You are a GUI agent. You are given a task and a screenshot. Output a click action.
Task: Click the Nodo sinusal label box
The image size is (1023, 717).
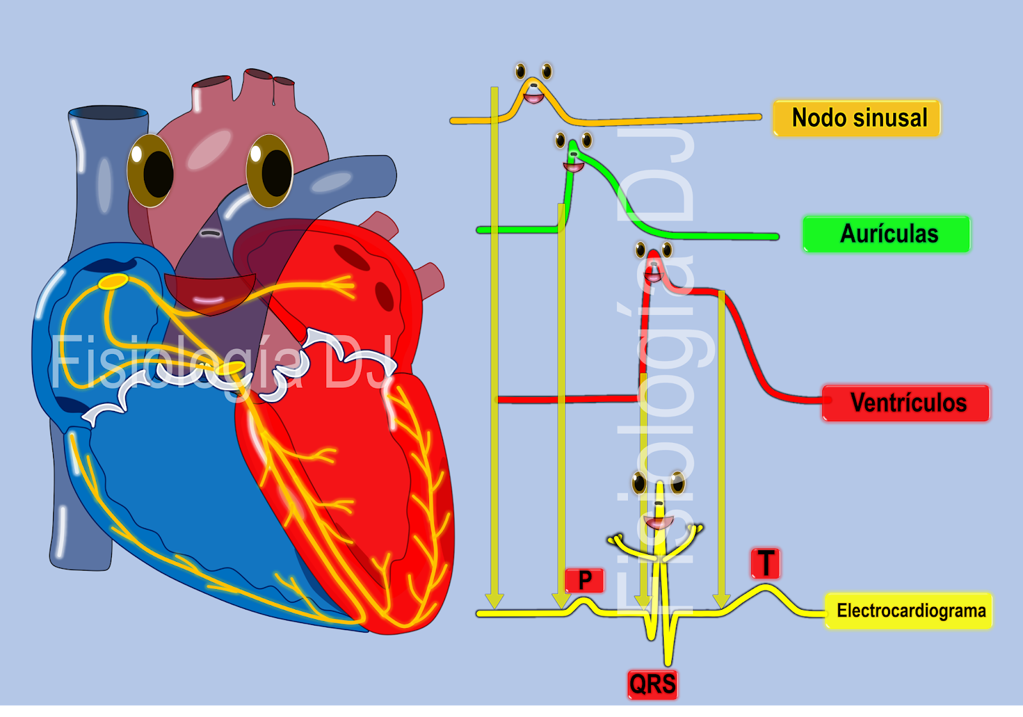857,118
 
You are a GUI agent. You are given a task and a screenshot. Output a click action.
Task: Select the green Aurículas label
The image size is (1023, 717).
887,234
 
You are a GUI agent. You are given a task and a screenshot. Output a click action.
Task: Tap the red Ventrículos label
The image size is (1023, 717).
906,403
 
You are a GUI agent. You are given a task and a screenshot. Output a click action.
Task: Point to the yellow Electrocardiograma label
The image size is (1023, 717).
909,611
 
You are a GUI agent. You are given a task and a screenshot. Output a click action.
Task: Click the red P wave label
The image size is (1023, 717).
584,580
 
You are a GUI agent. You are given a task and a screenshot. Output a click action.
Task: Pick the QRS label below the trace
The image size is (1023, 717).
652,684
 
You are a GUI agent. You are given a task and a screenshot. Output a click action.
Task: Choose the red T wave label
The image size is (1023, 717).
765,563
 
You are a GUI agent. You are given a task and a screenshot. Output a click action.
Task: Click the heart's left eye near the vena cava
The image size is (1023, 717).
151,171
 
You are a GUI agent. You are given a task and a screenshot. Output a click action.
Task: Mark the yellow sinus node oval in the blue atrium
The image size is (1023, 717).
113,281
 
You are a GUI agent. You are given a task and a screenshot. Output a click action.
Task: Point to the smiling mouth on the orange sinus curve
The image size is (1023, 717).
533,98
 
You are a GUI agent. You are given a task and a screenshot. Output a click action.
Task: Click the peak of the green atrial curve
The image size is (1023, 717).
573,144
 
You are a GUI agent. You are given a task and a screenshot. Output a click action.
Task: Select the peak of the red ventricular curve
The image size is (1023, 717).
653,254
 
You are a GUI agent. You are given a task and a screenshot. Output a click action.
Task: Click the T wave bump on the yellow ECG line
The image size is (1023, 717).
765,587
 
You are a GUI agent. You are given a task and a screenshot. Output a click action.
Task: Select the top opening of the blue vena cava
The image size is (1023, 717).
109,114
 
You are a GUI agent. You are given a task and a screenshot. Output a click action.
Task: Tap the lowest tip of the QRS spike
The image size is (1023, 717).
668,662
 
